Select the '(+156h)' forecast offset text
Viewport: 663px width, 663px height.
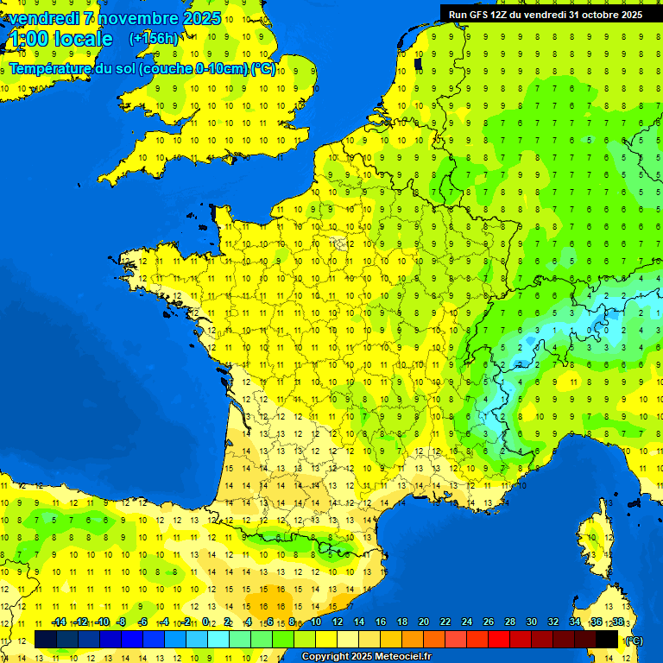(154, 39)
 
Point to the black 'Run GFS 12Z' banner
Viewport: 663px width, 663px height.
(546, 14)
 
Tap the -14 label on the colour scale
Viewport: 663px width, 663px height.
(59, 622)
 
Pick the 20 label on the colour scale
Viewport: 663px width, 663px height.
(423, 622)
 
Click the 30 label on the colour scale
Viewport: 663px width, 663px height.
(531, 622)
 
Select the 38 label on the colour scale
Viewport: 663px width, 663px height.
(617, 622)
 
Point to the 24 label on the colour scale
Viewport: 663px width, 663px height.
(466, 622)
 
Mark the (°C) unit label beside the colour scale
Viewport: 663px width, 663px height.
(635, 641)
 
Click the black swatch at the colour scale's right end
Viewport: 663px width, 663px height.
(607, 639)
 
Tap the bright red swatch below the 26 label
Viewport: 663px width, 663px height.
(499, 639)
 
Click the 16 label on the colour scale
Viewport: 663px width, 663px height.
(380, 622)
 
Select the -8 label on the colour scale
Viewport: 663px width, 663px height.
(121, 622)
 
